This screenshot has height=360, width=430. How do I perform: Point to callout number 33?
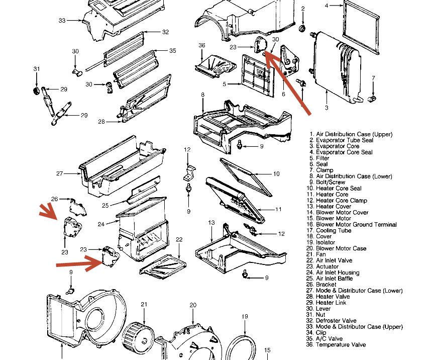click(62, 21)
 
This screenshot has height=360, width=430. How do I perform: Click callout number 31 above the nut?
click(36, 69)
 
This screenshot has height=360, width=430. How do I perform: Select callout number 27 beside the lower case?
click(60, 173)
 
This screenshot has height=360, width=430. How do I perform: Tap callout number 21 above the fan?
click(144, 304)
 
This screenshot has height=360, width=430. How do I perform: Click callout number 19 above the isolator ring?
click(245, 316)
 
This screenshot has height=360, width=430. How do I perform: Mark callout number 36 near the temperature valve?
click(202, 45)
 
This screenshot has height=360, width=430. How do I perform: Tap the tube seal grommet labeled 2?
click(303, 28)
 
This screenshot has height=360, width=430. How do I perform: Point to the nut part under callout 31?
click(36, 91)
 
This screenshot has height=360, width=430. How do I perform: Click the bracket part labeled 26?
click(77, 206)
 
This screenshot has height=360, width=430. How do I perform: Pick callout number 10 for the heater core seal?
click(276, 174)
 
